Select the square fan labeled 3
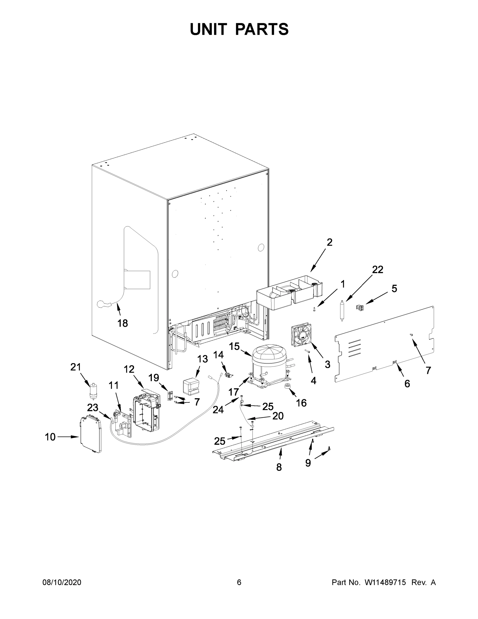(301, 336)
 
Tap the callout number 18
(123, 323)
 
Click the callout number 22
(378, 270)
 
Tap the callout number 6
(407, 384)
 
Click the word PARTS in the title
(262, 29)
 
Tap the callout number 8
(279, 467)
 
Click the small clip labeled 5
(360, 307)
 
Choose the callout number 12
(129, 369)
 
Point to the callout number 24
(218, 410)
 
